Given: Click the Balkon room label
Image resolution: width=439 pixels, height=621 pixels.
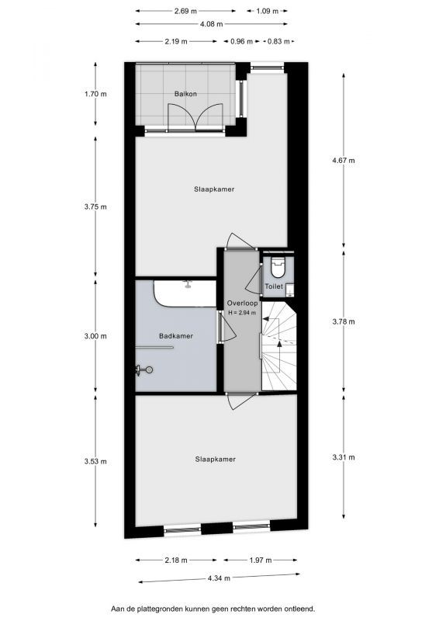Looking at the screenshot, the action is pos(185,94).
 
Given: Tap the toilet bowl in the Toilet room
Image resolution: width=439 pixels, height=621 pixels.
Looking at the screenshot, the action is pos(278,267).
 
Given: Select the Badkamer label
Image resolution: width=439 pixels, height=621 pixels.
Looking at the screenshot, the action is pos(176,336).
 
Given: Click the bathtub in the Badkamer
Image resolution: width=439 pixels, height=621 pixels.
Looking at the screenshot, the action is pos(185,293).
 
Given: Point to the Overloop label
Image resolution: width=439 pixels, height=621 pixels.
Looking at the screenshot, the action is pos(242,304).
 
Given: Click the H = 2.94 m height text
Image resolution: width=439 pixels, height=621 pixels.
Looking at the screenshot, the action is pos(242,313).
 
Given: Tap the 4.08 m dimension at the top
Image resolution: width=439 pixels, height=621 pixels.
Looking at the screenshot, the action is pos(212,24).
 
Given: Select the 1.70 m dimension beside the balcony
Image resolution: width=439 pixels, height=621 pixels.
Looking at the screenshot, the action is pos(95,94).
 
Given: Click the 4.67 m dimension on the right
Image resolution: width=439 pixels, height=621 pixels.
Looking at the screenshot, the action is pos(344,161).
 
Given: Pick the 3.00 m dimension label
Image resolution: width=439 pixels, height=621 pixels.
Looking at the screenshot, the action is pos(95,336).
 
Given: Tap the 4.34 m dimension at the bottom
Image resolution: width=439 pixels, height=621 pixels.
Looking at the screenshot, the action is pos(219,578).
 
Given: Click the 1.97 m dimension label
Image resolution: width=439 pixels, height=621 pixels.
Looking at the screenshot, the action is pos(261,560).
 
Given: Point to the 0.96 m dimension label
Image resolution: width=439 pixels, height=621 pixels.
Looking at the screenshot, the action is pos(241,41).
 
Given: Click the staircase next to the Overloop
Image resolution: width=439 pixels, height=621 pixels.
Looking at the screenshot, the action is pos(278,346).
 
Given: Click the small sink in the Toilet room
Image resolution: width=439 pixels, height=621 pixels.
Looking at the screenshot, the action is pos(291,290).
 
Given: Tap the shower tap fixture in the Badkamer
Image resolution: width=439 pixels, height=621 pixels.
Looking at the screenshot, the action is pos(143,370).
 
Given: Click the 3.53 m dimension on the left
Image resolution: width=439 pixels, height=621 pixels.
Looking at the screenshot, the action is pos(95,461).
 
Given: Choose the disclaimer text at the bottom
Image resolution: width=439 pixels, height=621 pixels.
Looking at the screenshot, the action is pos(213,609).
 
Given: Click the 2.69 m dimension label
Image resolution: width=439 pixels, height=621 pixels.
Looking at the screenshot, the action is pos(185,11).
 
